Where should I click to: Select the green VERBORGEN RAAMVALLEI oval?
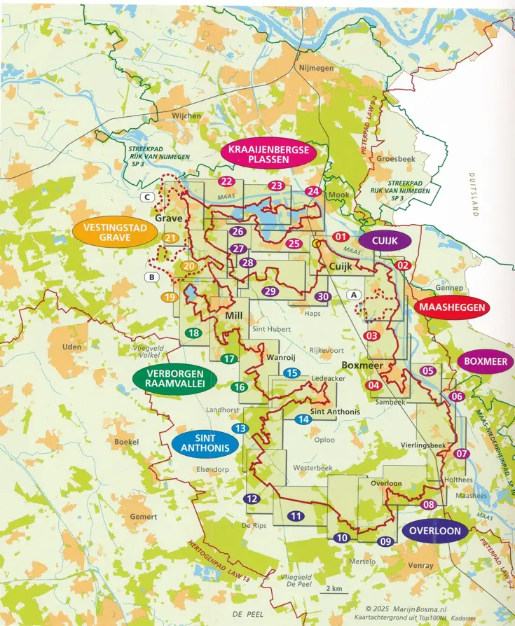click(x=175, y=382)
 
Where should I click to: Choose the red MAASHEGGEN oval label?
click(x=452, y=307)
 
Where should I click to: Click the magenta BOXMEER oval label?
click(x=486, y=361)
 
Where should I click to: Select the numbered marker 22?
click(x=226, y=181)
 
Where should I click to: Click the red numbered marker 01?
click(x=341, y=237)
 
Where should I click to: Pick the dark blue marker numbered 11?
click(x=296, y=516)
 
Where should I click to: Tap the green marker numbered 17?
click(x=228, y=359)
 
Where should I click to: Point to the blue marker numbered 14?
click(x=303, y=419)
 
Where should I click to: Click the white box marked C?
click(x=147, y=197)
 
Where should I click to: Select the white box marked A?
click(x=355, y=295)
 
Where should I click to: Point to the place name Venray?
click(x=420, y=565)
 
